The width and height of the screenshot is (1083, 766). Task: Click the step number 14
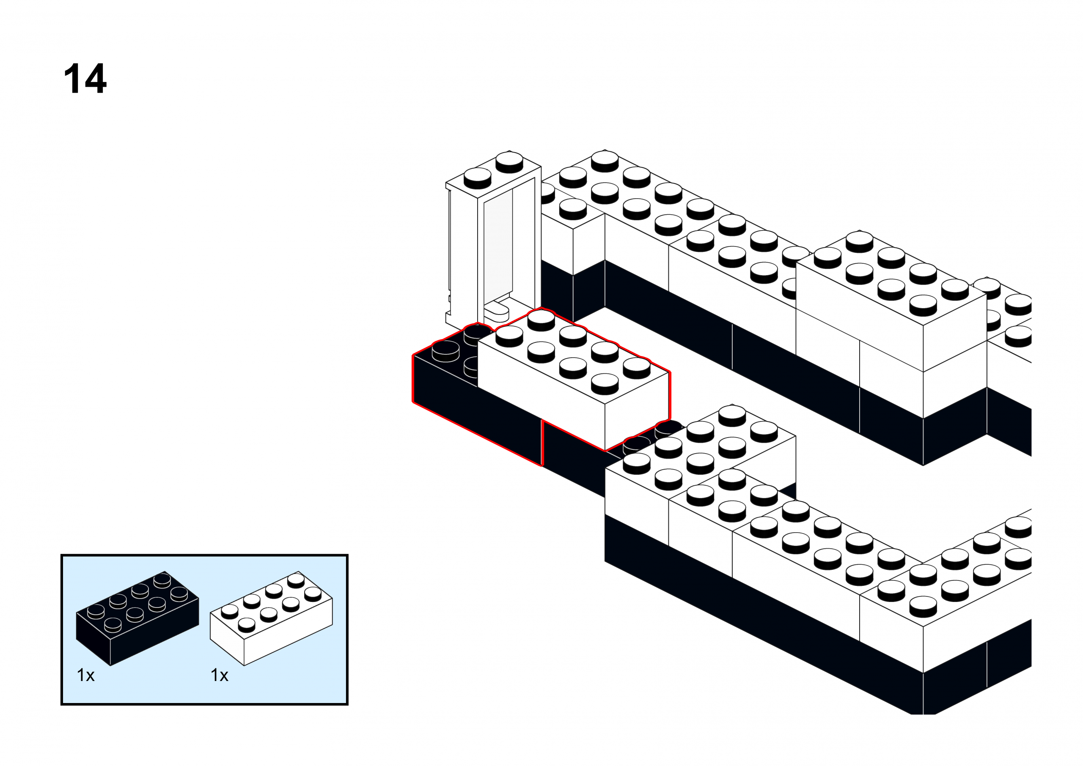point(85,79)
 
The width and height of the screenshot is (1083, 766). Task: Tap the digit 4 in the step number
point(95,79)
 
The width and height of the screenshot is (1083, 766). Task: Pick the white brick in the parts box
point(271,618)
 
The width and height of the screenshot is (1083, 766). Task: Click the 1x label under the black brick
point(85,676)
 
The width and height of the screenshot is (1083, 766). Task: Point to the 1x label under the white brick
point(220,676)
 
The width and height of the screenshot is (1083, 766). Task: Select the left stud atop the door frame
point(478,178)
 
